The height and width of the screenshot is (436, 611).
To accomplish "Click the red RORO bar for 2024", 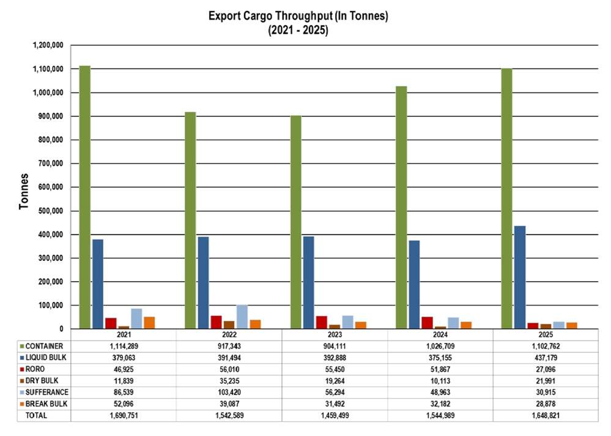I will (427, 322).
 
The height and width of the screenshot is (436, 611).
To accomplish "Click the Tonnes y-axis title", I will (24, 191).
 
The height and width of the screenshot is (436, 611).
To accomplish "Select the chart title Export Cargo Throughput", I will (298, 16).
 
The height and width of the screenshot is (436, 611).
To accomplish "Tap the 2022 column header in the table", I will (229, 335).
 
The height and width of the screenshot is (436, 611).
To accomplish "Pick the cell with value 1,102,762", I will (546, 347).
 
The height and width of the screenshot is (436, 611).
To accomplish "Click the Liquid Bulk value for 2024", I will (440, 358).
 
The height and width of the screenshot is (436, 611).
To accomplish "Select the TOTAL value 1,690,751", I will (124, 415).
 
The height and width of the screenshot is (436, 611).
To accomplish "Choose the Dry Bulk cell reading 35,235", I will (229, 381).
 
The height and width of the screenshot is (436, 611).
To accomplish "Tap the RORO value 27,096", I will (546, 369).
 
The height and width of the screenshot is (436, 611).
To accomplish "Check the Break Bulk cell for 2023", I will (335, 404).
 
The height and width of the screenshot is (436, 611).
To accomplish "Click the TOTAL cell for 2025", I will (546, 415).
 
